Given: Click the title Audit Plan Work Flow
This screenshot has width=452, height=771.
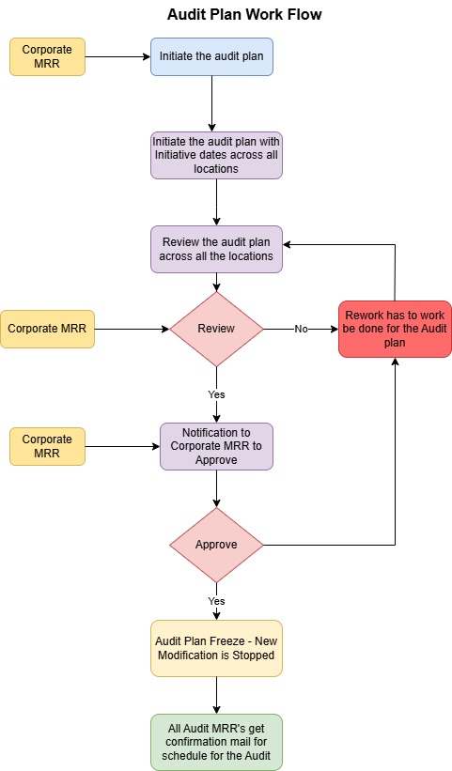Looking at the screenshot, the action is tap(244, 14).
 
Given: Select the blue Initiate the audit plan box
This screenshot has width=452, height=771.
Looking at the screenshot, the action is tap(211, 56).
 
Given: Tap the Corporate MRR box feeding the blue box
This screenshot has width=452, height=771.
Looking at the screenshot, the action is tap(47, 56).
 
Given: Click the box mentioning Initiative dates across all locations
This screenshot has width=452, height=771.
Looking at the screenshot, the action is tap(216, 155).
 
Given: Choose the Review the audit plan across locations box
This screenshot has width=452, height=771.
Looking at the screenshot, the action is tap(216, 249).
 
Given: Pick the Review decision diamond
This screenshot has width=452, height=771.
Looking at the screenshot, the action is tap(216, 329).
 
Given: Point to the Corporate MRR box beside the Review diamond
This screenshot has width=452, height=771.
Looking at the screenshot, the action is tap(47, 329).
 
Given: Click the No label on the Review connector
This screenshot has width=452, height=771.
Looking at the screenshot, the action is tap(301, 329).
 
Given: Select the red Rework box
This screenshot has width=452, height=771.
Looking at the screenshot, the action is tap(395, 329).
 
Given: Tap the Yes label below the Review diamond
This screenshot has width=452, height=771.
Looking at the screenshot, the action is tap(216, 394).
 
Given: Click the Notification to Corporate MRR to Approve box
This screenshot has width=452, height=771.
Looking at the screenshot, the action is tap(216, 446).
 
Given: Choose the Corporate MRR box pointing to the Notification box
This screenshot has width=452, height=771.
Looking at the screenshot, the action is tap(47, 446).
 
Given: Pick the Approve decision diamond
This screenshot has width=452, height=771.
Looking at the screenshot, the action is tap(216, 545).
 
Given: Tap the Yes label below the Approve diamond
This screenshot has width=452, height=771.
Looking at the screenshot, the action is tap(216, 601).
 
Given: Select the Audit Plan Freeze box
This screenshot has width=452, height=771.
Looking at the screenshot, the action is tap(216, 648).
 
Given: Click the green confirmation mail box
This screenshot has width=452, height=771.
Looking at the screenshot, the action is tap(216, 742).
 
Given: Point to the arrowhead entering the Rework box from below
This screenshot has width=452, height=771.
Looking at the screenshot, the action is tap(395, 362).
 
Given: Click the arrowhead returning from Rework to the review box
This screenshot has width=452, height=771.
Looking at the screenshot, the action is tap(288, 244).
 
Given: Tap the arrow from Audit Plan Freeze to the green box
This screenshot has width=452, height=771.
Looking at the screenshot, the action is tap(216, 695).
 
